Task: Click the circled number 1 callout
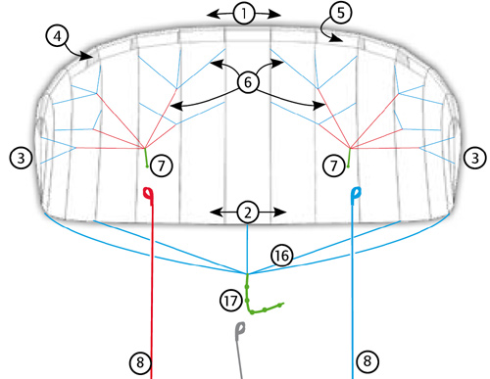244,14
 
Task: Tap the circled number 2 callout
248,213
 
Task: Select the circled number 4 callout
57,36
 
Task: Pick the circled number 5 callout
341,13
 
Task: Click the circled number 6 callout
248,81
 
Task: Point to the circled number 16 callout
282,256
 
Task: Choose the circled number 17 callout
231,301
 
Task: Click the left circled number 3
22,158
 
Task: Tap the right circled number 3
474,158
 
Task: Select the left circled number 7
162,166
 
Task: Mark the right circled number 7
333,166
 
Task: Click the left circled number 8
140,362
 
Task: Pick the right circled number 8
367,361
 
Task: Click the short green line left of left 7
146,158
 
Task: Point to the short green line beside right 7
349,158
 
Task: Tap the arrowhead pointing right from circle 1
275,14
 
